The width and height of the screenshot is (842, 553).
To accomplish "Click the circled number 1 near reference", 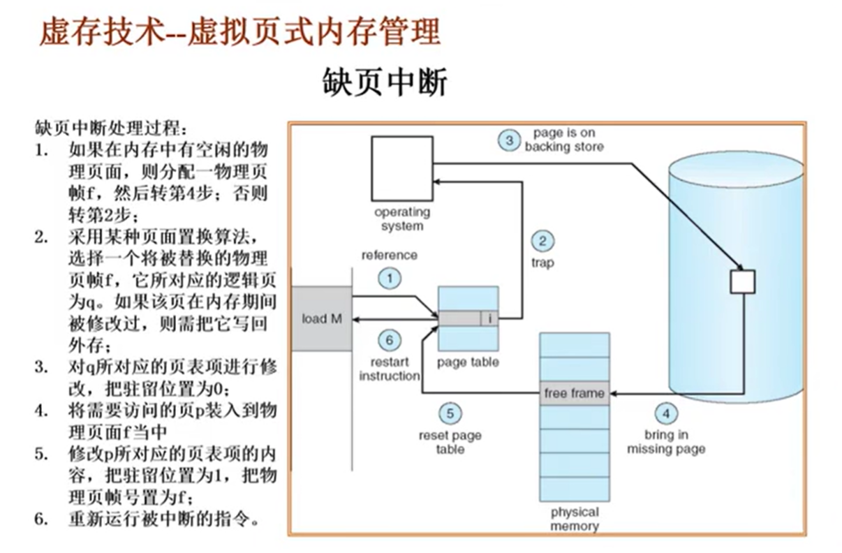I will (390, 279).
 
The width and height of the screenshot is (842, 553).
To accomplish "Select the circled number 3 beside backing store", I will (509, 140).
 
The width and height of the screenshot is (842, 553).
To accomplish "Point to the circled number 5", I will (450, 413).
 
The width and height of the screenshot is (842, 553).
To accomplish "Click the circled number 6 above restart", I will (390, 340).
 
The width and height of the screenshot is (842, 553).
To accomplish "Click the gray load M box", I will (322, 318).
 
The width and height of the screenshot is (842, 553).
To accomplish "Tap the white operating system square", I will (401, 168).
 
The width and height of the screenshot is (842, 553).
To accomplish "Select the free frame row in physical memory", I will (574, 393).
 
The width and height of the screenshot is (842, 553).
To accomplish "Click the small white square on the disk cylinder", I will (742, 281).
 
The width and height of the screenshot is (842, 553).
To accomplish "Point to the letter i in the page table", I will (490, 318).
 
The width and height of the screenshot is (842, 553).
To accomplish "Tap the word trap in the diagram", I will (542, 264).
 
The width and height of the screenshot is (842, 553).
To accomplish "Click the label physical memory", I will (574, 519).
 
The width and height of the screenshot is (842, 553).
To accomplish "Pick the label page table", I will (467, 362).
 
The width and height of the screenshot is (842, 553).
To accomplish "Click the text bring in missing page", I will (665, 442).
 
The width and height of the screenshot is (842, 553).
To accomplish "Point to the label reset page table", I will (450, 443).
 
